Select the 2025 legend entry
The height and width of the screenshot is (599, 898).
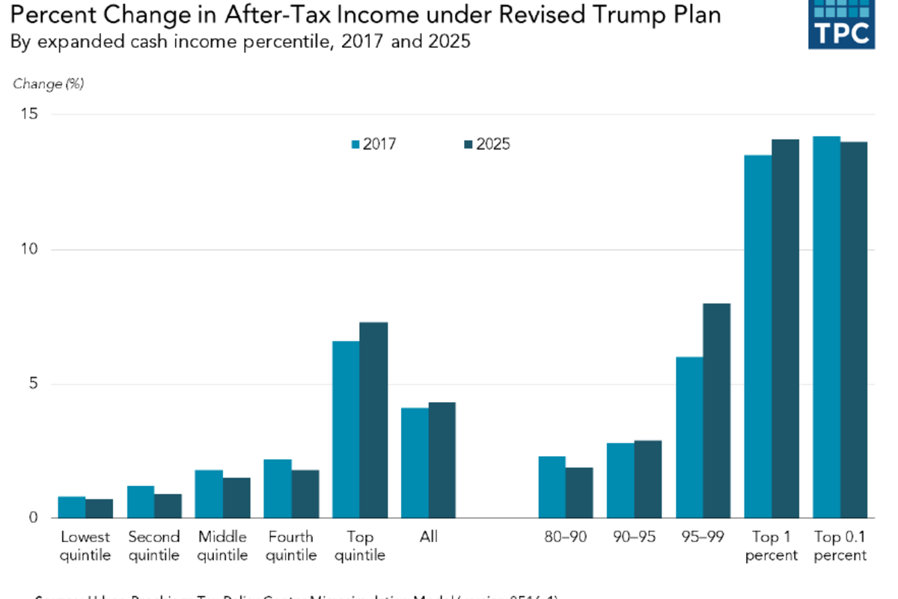[486, 145]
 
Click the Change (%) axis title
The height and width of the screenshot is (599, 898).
[48, 84]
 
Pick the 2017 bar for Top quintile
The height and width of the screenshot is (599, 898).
[346, 430]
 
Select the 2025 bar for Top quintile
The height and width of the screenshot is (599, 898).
[373, 420]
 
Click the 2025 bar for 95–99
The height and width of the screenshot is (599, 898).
[716, 410]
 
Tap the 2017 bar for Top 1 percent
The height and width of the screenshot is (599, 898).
[757, 336]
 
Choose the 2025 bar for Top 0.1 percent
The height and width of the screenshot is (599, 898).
[854, 329]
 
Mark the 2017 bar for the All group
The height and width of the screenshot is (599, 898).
[415, 463]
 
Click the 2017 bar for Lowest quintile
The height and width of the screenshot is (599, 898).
[72, 507]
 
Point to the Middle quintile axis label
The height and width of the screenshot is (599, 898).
[222, 546]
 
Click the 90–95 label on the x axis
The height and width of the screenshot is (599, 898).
[634, 537]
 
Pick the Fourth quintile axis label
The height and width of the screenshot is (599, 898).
[291, 546]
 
